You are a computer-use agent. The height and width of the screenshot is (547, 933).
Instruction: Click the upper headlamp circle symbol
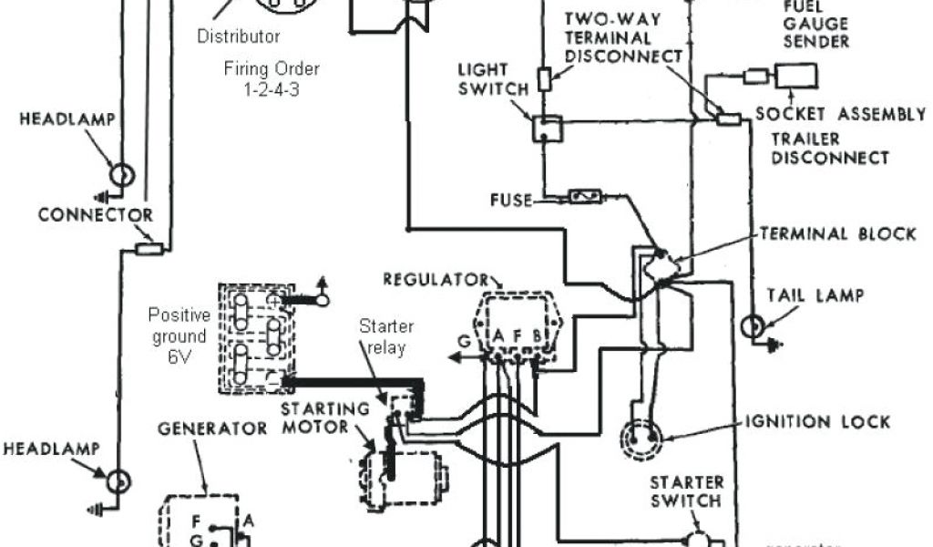(x=122, y=174)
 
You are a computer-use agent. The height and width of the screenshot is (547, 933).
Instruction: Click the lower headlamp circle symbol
(x=118, y=481)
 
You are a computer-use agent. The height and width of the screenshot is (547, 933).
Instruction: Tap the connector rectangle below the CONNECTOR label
(x=149, y=248)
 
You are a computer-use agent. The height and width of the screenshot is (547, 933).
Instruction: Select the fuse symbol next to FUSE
(x=584, y=196)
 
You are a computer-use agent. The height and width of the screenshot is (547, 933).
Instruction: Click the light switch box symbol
(x=547, y=129)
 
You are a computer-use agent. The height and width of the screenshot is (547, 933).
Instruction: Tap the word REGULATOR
(x=436, y=279)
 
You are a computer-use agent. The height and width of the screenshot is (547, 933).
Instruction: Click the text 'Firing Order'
(x=272, y=68)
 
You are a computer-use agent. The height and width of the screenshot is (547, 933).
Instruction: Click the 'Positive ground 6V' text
(x=179, y=336)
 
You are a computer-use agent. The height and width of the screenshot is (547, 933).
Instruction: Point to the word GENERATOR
(x=212, y=428)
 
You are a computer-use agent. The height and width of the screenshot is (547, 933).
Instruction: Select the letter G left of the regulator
(x=465, y=343)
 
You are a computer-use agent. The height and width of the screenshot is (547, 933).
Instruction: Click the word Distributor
(x=239, y=36)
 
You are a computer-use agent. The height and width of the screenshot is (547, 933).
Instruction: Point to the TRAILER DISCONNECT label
(x=829, y=149)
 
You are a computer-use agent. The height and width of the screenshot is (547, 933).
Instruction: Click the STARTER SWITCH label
(x=686, y=491)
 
